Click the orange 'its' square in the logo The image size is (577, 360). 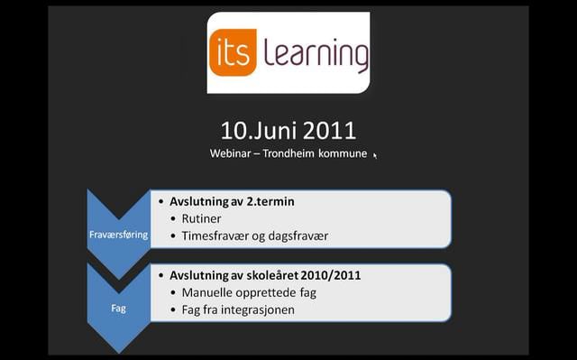pos(234,51)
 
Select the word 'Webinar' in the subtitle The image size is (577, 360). pos(232,153)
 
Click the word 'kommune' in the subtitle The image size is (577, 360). pos(347,153)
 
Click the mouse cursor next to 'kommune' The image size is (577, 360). pos(375,155)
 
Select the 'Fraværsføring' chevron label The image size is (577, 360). pos(118,234)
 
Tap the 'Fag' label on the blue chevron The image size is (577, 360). pos(118,308)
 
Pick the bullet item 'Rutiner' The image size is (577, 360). pos(201,218)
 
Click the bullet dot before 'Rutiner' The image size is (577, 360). pos(174,219)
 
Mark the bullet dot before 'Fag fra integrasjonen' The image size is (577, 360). pos(174,310)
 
